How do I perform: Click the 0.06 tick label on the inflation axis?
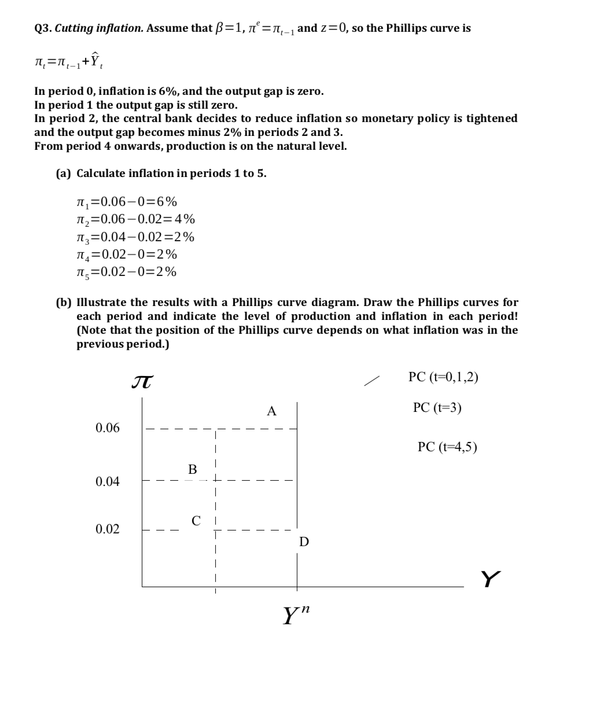108,428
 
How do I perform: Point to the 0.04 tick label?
108,481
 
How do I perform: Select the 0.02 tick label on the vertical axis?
108,529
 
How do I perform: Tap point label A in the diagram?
271,411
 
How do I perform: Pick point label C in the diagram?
196,521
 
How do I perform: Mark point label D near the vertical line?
304,542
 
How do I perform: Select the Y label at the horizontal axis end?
490,579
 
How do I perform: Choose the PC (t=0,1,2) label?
443,377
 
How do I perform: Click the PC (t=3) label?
437,408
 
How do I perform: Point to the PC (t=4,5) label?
447,447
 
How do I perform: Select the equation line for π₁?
127,202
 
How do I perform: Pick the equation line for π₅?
127,272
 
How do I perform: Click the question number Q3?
43,28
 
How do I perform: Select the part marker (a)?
64,174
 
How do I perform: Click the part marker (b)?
64,303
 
